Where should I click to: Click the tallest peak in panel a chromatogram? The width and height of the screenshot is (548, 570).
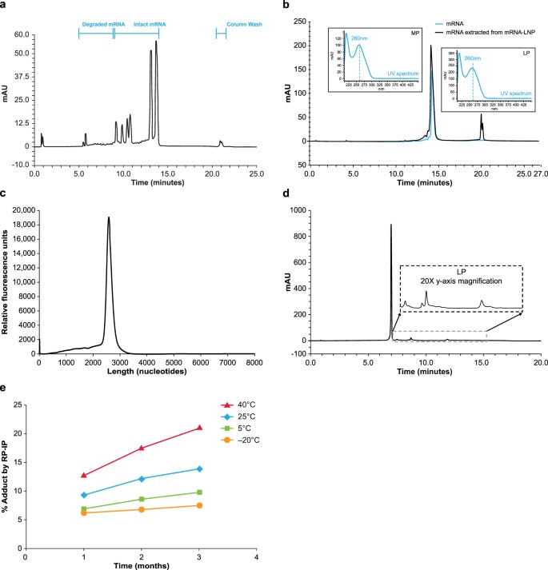[156, 42]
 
